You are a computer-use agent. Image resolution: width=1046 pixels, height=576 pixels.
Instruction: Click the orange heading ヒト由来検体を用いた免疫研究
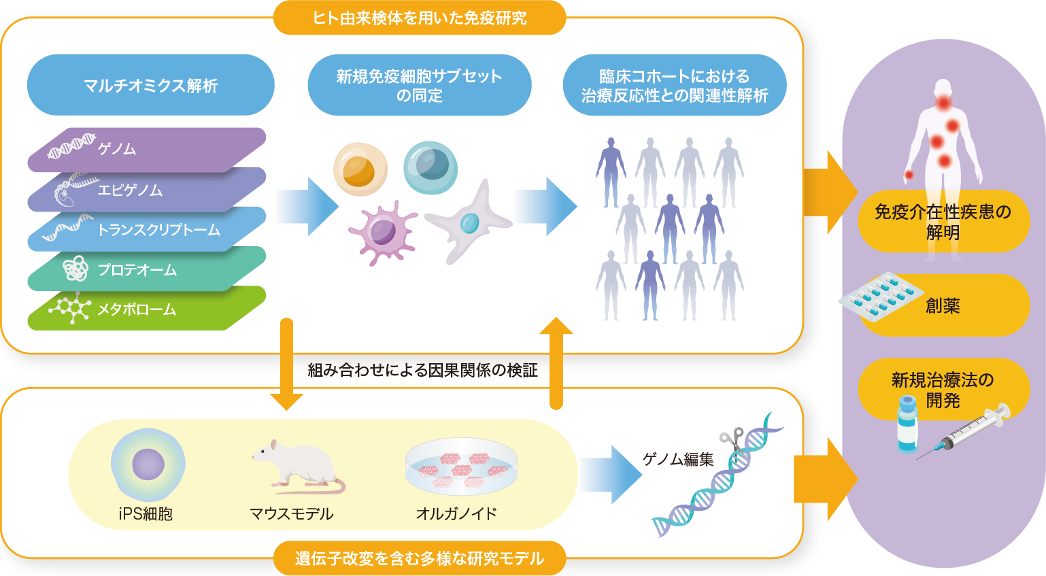coord(419,18)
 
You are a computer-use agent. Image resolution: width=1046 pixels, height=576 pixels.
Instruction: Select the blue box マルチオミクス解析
coord(150,86)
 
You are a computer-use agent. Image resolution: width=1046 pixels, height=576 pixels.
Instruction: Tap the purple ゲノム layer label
coord(116,149)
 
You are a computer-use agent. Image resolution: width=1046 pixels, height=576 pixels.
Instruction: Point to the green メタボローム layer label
coord(137,309)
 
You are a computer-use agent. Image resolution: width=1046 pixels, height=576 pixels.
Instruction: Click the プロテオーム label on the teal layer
coord(137,270)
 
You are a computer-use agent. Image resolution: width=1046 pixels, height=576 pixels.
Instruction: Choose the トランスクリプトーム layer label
coord(158,230)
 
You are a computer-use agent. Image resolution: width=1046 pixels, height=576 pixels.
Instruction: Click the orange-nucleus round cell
coord(360,169)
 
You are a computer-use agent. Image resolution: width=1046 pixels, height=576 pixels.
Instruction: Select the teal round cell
coord(430,167)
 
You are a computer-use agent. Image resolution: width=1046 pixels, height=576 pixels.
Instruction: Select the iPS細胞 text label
coord(146,514)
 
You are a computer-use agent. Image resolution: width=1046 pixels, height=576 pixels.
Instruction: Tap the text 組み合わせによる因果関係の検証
coord(422,370)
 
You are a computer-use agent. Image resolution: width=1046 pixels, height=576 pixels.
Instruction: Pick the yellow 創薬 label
coord(943,306)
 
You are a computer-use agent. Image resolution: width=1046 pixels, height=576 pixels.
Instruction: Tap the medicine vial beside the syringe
coord(907,424)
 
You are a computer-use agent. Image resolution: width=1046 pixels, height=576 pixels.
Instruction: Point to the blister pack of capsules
coord(880,297)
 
